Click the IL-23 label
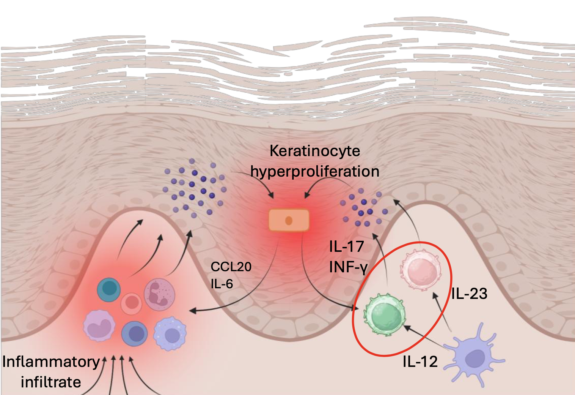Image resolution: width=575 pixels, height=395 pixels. click(x=469, y=294)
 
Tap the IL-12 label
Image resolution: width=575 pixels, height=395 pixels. click(x=420, y=361)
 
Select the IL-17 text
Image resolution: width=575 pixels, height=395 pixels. click(x=347, y=247)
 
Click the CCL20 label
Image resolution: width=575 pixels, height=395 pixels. click(x=231, y=267)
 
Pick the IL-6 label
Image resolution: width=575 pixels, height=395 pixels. click(x=222, y=283)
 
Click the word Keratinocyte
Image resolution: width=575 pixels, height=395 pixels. click(x=315, y=151)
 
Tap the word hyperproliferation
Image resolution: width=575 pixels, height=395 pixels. click(x=315, y=171)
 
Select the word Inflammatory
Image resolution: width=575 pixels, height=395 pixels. click(x=51, y=362)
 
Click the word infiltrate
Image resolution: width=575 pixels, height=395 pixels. click(x=51, y=382)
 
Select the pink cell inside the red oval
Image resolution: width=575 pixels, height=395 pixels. click(x=420, y=270)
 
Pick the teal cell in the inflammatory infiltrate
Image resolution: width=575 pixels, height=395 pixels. click(x=109, y=289)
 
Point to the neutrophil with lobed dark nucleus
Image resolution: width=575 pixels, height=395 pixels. click(x=159, y=294)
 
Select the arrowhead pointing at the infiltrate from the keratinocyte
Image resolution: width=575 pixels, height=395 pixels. click(x=192, y=311)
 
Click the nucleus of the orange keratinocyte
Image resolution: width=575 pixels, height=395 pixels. click(x=289, y=221)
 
